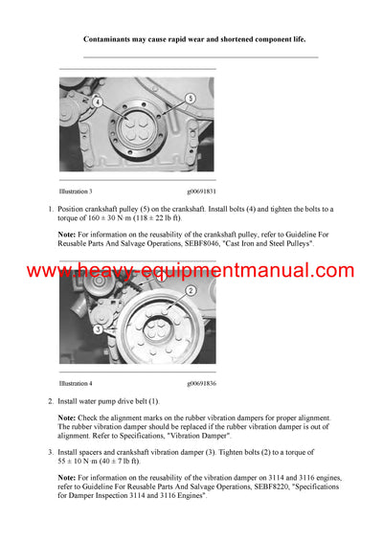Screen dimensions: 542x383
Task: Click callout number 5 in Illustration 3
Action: click(x=190, y=99)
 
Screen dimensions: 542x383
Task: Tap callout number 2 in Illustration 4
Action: click(x=190, y=290)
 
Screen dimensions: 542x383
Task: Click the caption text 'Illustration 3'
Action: click(x=78, y=192)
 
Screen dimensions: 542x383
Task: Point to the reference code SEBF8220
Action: click(x=243, y=486)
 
